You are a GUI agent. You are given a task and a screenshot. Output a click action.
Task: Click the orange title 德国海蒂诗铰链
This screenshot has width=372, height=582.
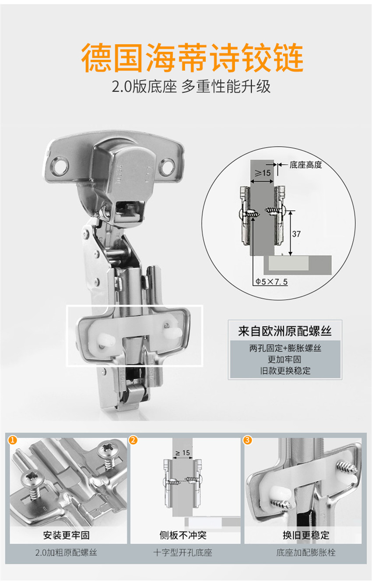pyautogui.click(x=192, y=57)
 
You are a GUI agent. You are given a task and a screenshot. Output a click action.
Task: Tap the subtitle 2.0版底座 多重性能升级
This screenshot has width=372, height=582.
pyautogui.click(x=191, y=87)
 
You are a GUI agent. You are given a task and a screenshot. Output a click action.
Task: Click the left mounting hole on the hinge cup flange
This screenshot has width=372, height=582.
pyautogui.click(x=60, y=165)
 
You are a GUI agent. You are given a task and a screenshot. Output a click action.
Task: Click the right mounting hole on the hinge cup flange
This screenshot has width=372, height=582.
pyautogui.click(x=167, y=166)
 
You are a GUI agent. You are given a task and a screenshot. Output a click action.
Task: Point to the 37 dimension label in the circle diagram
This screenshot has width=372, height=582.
pyautogui.click(x=296, y=234)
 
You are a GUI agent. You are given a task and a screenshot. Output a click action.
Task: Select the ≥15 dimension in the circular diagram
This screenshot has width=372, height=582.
pyautogui.click(x=262, y=173)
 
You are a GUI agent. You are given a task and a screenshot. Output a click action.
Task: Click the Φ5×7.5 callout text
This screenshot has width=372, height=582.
pyautogui.click(x=271, y=282)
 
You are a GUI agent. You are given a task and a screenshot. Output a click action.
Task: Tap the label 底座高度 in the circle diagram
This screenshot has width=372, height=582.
pyautogui.click(x=305, y=165)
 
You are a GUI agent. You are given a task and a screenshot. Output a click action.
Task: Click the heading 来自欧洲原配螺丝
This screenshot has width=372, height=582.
pyautogui.click(x=285, y=331)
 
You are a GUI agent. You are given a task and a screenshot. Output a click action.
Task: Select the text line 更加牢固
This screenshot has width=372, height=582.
pyautogui.click(x=284, y=360)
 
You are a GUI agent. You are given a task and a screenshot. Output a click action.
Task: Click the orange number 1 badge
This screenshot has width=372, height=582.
pyautogui.click(x=12, y=440)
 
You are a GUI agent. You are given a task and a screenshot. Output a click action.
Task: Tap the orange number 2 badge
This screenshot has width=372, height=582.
pyautogui.click(x=133, y=440)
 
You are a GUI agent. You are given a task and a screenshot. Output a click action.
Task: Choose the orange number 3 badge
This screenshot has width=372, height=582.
pyautogui.click(x=247, y=440)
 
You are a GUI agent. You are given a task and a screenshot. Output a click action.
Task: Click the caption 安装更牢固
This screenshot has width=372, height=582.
pyautogui.click(x=67, y=535)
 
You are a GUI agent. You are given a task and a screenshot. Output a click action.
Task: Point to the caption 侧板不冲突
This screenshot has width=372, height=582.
pyautogui.click(x=183, y=535)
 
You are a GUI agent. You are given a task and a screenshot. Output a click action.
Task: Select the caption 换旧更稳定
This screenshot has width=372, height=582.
pyautogui.click(x=306, y=535)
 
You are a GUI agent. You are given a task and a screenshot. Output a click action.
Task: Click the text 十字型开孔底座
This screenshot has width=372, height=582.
pyautogui.click(x=183, y=553)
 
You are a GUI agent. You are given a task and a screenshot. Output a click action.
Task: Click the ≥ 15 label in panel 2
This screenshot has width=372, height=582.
pyautogui.click(x=183, y=453)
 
